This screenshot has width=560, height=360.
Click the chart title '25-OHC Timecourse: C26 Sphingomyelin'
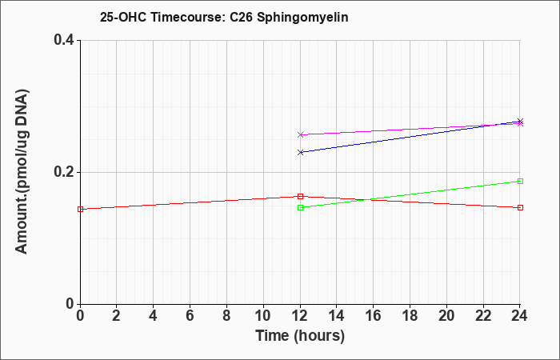[224, 17]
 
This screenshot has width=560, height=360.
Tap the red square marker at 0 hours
[80, 209]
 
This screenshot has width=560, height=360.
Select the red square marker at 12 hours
[300, 196]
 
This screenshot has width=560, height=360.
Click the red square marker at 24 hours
[520, 207]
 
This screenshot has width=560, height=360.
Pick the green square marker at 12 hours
[300, 207]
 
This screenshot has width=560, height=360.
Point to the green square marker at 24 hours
[520, 181]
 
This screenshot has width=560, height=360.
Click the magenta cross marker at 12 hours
[300, 134]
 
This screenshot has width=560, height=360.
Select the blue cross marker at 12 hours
[300, 152]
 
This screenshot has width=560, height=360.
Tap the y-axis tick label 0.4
[63, 40]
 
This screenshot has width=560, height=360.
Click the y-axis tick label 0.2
[63, 172]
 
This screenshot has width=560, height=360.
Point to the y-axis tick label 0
[70, 304]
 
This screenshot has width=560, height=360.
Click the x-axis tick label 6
[190, 316]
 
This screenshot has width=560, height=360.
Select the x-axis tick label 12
[300, 316]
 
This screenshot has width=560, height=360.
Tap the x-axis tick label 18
[410, 316]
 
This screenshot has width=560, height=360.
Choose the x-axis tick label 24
[519, 316]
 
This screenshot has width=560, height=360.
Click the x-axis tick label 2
[117, 316]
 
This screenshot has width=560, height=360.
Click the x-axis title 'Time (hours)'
[300, 336]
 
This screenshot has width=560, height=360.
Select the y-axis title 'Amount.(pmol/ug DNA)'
[22, 171]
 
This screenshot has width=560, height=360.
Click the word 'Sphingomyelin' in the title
[302, 17]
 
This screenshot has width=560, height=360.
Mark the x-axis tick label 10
[263, 316]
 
